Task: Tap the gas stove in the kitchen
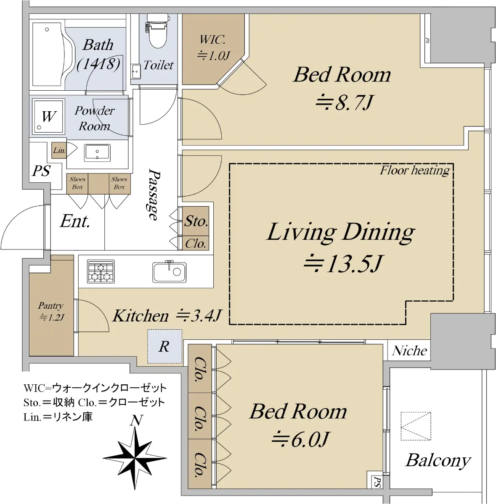click(101, 271)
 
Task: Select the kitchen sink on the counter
click(170, 272)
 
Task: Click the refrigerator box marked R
click(164, 346)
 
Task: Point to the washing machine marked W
click(49, 116)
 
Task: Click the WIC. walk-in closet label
click(212, 40)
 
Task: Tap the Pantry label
click(50, 305)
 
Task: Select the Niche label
click(409, 351)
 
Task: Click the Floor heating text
click(415, 171)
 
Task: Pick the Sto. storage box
click(196, 221)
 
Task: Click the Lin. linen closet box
click(59, 150)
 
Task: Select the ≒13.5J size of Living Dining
click(343, 263)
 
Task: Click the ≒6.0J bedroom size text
click(300, 439)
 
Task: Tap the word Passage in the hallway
click(154, 194)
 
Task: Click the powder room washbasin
click(97, 152)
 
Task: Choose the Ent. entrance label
click(75, 221)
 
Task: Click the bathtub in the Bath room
click(50, 54)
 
